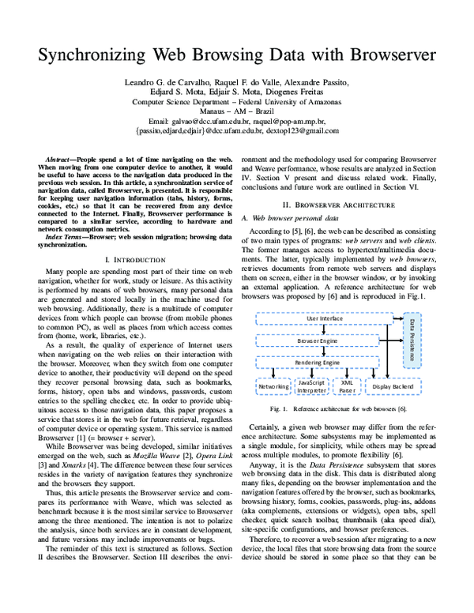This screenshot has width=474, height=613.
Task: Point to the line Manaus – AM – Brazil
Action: pos(236,112)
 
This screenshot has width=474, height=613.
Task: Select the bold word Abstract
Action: pos(62,160)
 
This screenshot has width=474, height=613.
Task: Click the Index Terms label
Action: pos(65,237)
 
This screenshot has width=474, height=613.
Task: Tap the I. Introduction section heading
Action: pos(135,259)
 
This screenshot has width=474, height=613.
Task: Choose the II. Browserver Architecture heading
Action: pos(340,204)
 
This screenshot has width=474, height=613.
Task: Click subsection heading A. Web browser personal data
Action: pos(290,217)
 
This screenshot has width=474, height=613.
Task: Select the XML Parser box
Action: pos(345,386)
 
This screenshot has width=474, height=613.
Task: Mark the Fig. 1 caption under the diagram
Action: pos(338,409)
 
